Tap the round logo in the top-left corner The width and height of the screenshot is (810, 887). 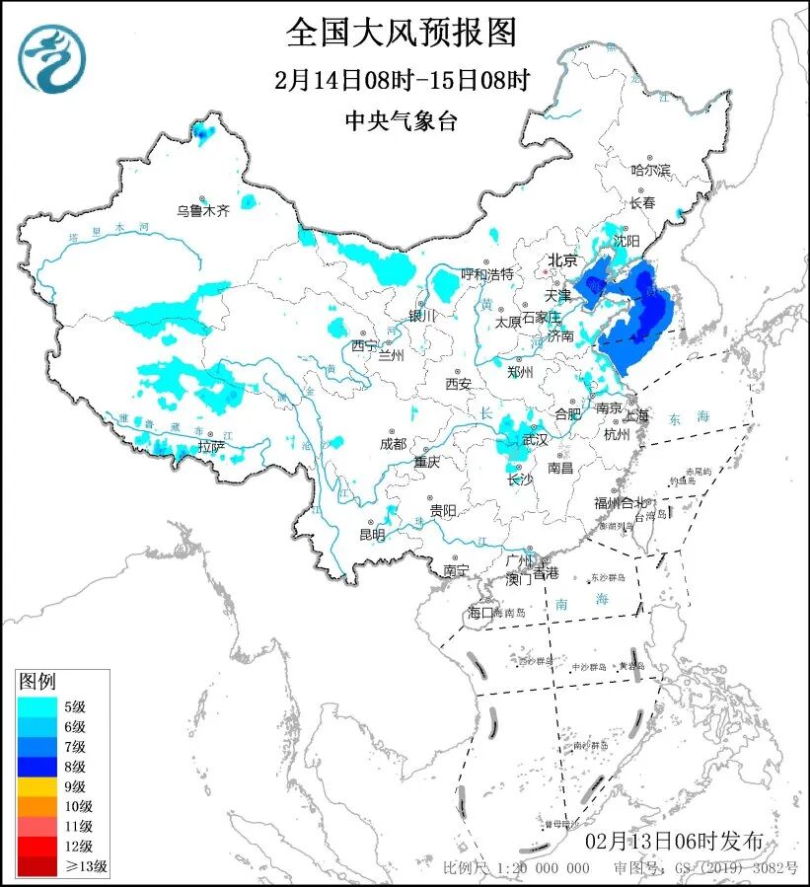(x=52, y=58)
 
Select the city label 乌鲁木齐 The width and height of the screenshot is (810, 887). (x=203, y=210)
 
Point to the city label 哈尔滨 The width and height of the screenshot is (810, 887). (x=650, y=171)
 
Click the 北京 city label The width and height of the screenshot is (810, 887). (x=562, y=260)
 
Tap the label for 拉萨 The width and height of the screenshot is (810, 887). (x=211, y=446)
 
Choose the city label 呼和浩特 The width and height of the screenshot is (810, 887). (x=487, y=273)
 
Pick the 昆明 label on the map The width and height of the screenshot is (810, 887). (x=372, y=534)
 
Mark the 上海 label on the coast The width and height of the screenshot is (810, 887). (x=636, y=415)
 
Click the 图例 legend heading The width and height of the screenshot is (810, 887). (x=38, y=681)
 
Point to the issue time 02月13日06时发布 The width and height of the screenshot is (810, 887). (x=673, y=842)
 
